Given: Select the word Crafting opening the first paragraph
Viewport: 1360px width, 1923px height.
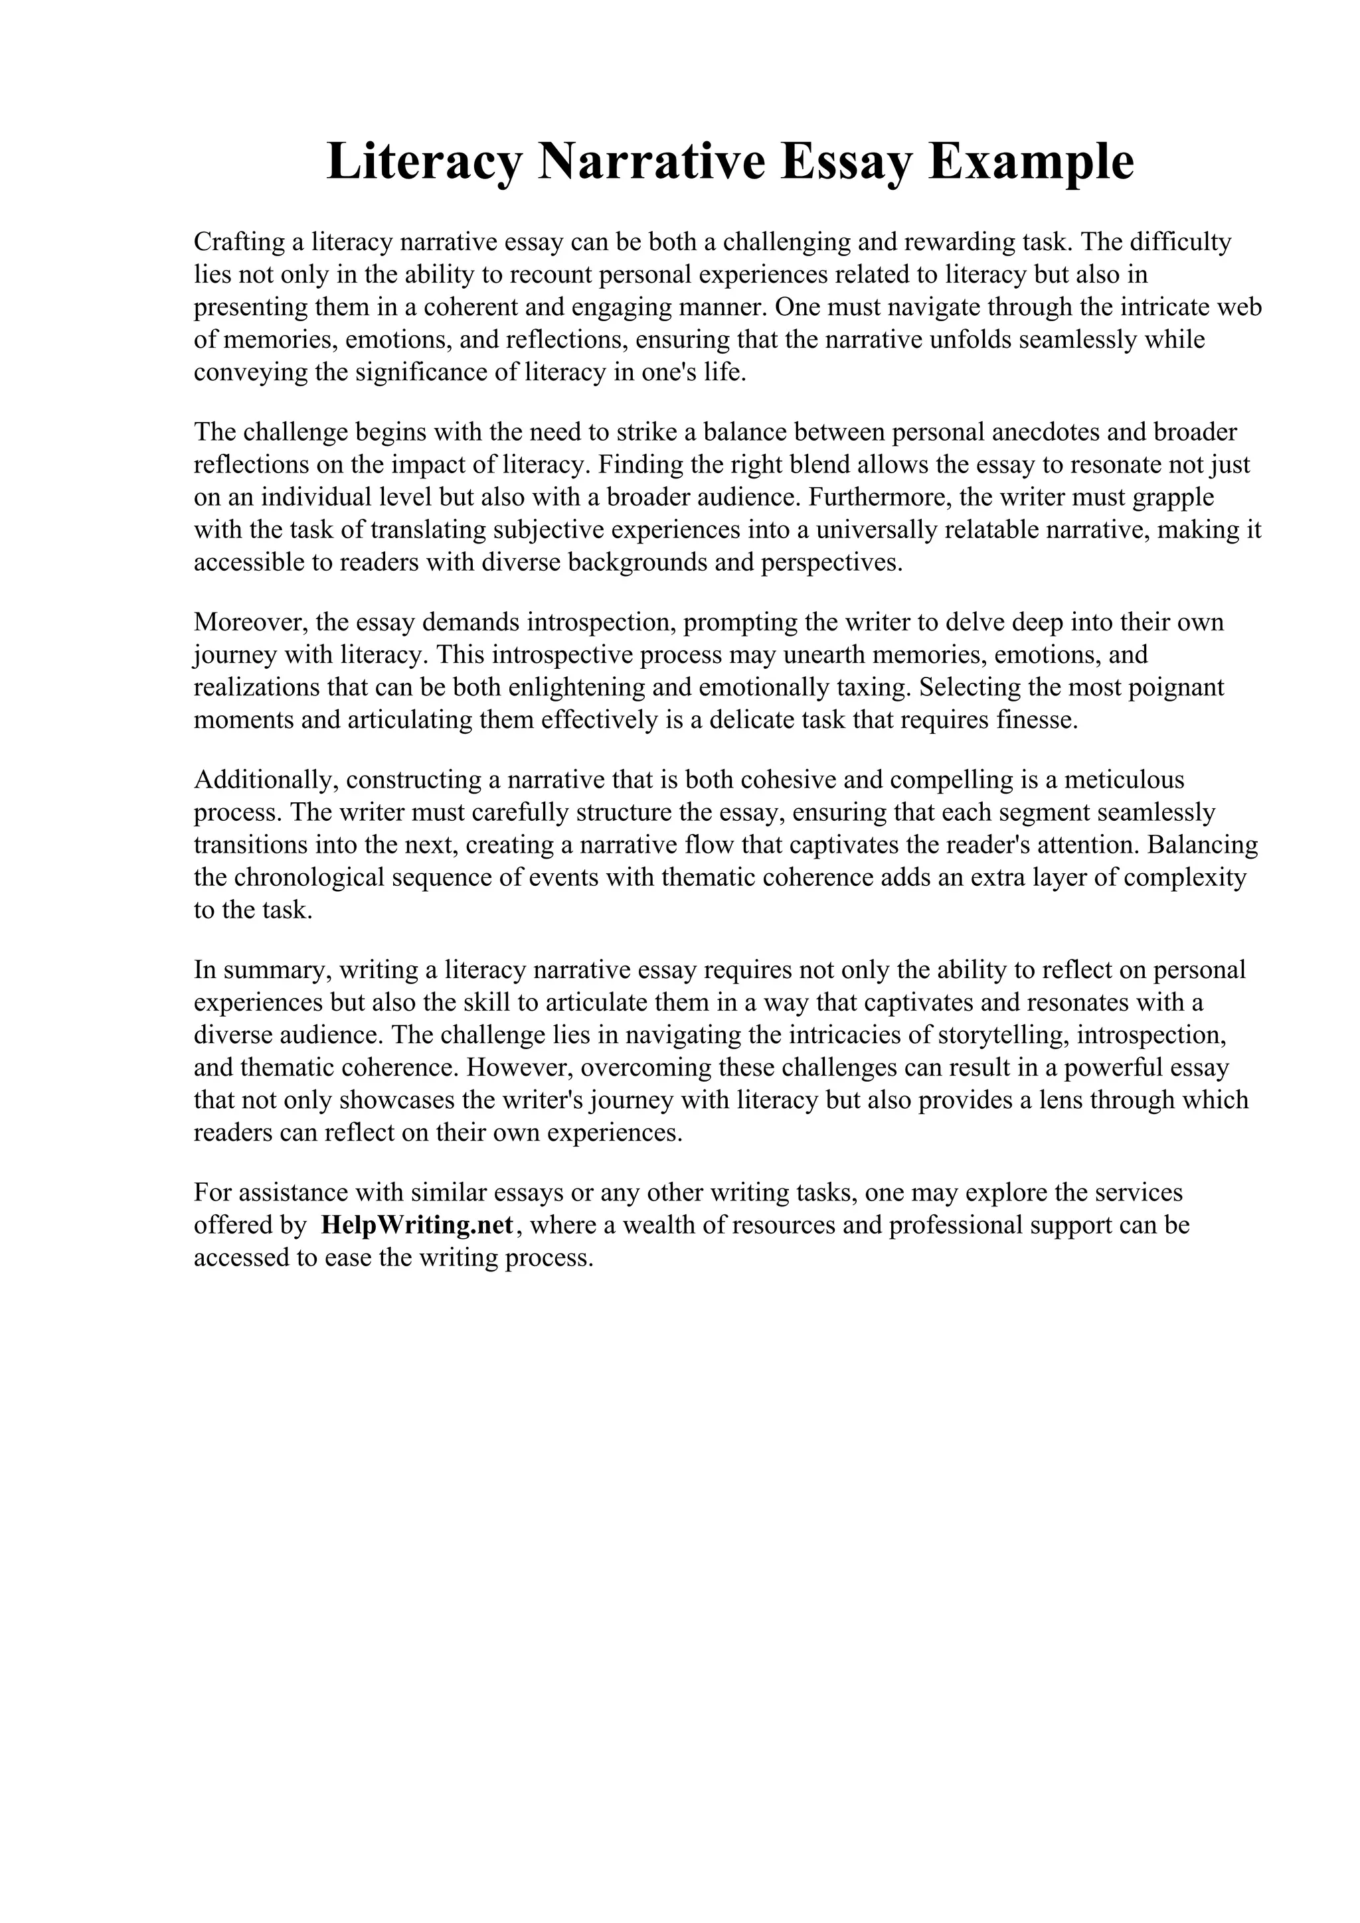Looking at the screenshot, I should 238,242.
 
